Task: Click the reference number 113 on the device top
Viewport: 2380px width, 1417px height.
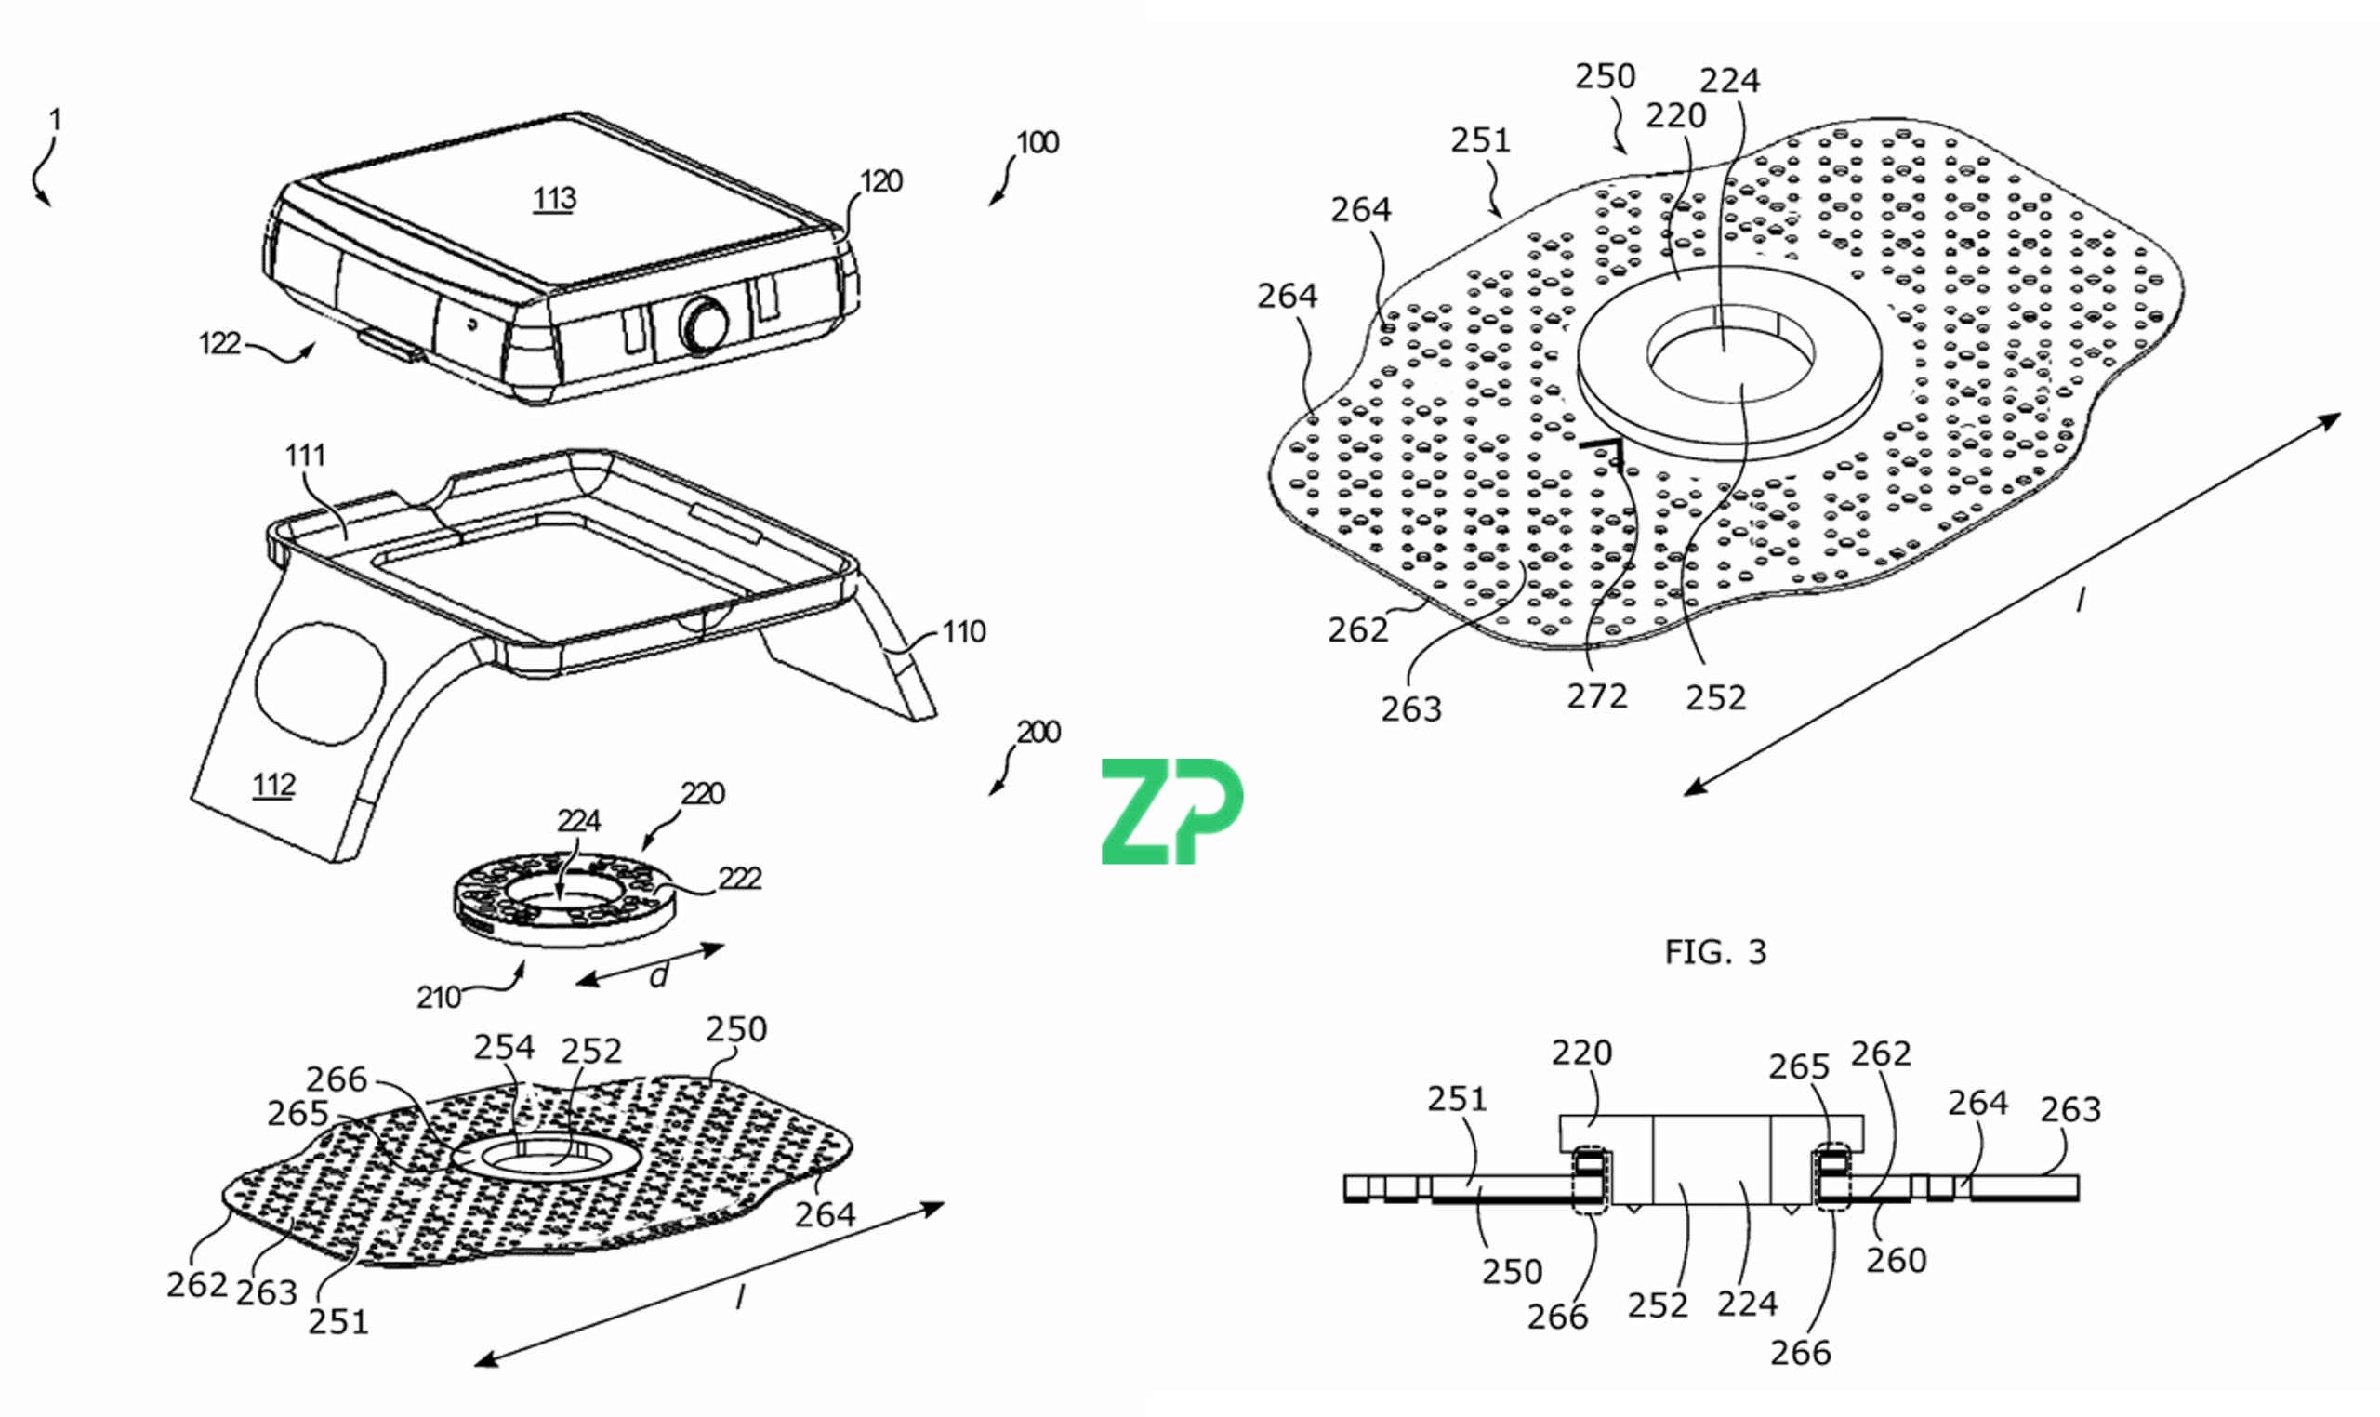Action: [555, 199]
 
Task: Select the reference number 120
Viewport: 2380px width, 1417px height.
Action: [881, 181]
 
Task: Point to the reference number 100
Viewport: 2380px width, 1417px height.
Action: [1038, 143]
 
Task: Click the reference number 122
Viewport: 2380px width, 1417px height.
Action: [219, 343]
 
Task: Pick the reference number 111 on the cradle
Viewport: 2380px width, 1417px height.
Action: [306, 456]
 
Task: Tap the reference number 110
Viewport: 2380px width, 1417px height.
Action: [963, 632]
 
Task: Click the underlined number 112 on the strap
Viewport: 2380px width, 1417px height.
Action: [274, 785]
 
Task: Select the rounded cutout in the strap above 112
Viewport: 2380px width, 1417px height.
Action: [320, 682]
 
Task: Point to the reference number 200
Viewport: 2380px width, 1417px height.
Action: [1038, 733]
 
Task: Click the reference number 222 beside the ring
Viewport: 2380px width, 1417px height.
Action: [740, 879]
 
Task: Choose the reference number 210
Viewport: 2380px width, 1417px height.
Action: [439, 998]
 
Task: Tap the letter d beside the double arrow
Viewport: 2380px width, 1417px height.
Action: [658, 976]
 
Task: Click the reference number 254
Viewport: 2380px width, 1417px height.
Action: [504, 1048]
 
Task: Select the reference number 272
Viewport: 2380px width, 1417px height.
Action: [1597, 696]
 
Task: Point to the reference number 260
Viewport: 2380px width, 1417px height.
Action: [1896, 1261]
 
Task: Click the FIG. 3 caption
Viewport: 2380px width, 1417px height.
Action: [1715, 952]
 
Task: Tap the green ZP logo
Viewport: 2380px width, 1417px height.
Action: [1172, 812]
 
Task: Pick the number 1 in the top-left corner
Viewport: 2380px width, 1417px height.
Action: [56, 120]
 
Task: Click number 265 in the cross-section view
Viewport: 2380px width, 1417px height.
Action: [1799, 1066]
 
